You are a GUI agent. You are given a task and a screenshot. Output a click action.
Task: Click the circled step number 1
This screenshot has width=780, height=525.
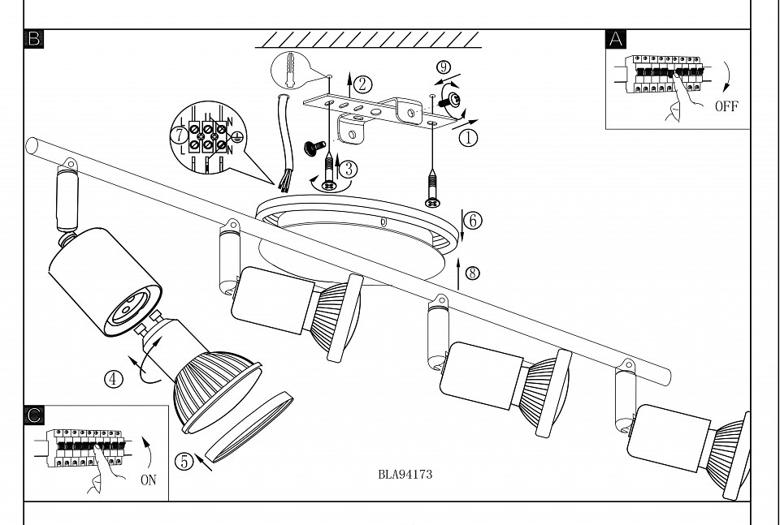[467, 138]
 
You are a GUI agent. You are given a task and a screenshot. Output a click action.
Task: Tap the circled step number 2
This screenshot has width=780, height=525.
[363, 83]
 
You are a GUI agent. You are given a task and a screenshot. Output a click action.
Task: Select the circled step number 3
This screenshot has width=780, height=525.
[348, 169]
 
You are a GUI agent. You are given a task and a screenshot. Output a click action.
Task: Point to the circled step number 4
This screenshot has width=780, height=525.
[115, 378]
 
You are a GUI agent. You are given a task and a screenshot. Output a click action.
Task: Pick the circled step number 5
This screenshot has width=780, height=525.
[184, 461]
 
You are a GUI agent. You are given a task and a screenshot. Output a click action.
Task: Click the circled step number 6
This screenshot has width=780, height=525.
[474, 220]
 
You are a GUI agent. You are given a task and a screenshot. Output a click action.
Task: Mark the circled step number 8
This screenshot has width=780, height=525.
[474, 273]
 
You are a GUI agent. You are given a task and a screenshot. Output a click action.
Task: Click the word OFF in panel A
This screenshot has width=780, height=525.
[726, 106]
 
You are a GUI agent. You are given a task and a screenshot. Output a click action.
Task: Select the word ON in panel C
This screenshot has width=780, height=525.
[148, 480]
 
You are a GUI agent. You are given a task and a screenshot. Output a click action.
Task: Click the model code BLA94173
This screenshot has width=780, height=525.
[405, 475]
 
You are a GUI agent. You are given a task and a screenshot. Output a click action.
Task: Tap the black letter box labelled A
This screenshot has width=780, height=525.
[617, 38]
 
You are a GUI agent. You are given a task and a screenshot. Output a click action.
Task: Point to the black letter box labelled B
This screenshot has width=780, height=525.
[34, 38]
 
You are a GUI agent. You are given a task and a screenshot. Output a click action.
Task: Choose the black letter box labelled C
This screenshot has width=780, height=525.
[34, 415]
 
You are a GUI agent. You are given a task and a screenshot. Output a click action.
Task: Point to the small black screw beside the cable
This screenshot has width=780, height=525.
[310, 148]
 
